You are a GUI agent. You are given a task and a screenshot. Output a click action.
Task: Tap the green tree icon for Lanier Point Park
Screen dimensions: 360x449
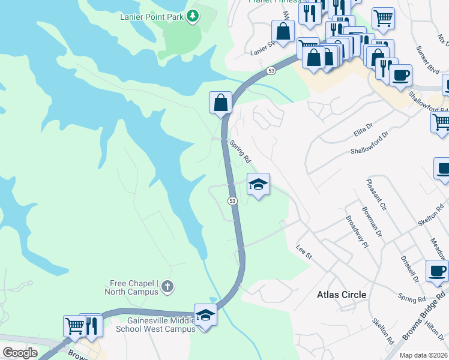click(193, 16)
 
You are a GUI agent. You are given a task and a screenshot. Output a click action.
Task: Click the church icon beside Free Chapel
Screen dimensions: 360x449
click(167, 287)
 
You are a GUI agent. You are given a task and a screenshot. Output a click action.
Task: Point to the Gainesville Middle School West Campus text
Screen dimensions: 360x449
click(155, 325)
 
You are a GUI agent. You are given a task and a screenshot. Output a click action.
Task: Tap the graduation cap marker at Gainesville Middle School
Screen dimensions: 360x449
click(205, 314)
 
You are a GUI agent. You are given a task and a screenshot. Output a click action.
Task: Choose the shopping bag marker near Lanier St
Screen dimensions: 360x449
click(282, 31)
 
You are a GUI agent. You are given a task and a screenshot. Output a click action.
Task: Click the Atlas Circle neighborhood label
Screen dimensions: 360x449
click(341, 295)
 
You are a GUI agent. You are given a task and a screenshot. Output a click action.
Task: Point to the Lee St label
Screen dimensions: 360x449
click(305, 251)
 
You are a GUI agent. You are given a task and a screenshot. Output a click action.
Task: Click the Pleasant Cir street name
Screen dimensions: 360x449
click(378, 193)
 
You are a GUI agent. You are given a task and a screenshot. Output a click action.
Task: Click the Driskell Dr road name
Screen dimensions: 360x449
click(409, 269)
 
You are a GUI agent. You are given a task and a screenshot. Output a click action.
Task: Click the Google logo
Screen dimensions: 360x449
click(20, 353)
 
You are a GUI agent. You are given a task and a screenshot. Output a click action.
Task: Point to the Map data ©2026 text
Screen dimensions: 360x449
click(423, 355)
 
